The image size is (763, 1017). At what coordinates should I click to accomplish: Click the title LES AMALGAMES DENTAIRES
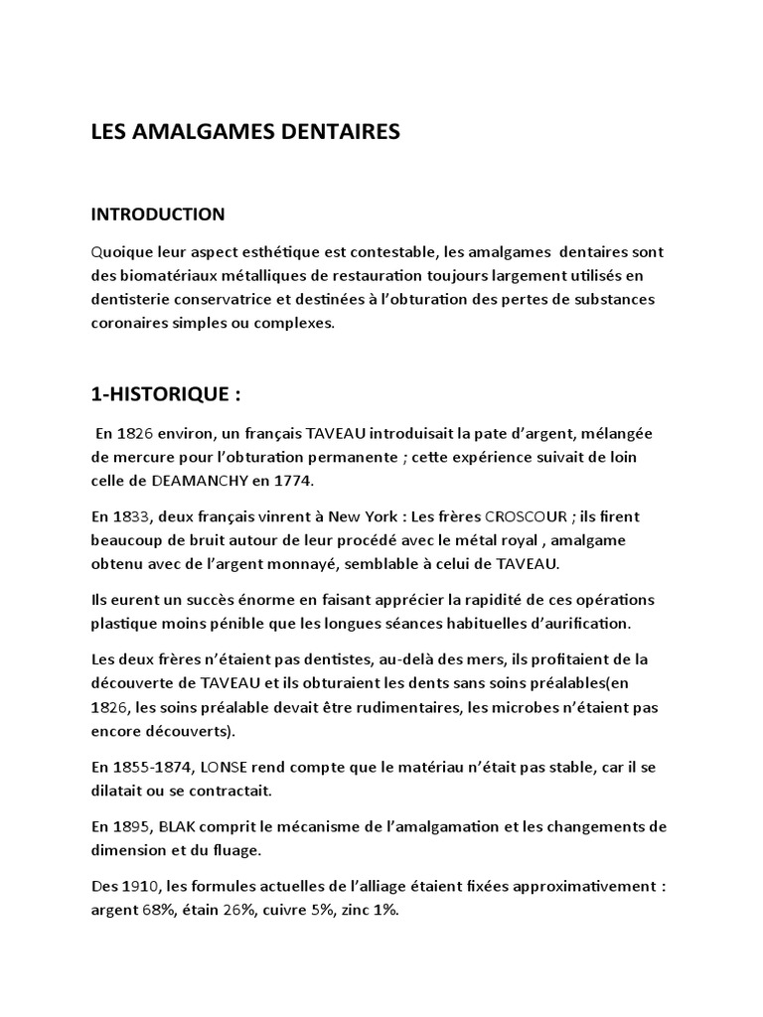245,131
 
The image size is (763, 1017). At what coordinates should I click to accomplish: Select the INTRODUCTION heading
158,214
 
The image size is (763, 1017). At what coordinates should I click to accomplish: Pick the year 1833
136,517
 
